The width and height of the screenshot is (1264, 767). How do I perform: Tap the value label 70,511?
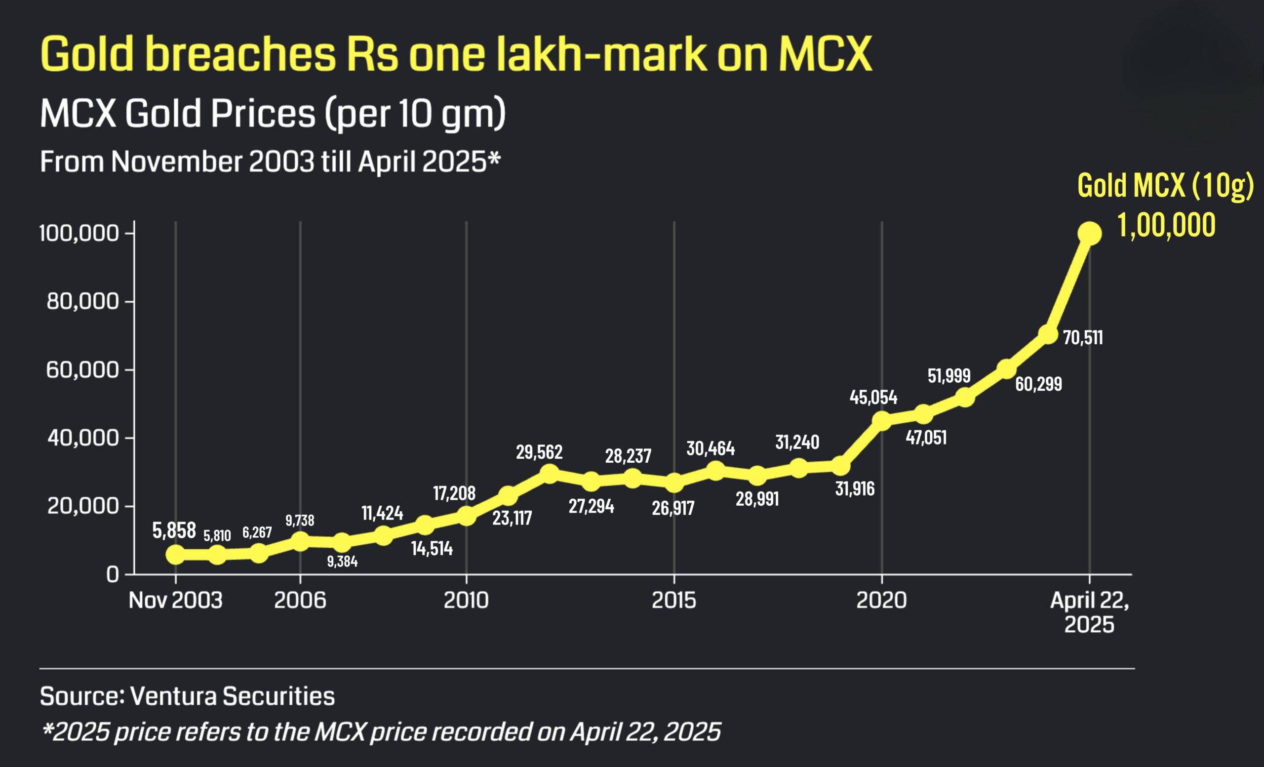1082,338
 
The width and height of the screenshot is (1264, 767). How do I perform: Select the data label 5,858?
174,530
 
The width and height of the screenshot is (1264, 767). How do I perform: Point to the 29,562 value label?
539,452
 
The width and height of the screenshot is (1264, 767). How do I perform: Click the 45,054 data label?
873,398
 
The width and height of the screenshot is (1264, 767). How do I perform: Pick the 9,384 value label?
342,561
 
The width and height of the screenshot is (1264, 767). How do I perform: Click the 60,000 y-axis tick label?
82,370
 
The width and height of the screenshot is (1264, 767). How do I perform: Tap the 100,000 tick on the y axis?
79,234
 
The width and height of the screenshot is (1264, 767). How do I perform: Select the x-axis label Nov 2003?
175,600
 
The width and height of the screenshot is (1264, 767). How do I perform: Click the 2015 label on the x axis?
673,600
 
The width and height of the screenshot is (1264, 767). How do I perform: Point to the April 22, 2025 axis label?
1089,612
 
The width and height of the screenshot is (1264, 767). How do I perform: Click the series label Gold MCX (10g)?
1165,185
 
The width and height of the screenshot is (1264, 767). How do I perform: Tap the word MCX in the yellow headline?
825,54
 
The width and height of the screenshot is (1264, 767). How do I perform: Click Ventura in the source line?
173,696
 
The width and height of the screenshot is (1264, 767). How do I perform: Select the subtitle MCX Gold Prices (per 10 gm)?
273,114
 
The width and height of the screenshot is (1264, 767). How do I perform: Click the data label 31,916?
855,489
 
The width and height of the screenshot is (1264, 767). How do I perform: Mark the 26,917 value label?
673,508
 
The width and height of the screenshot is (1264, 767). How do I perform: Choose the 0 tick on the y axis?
113,574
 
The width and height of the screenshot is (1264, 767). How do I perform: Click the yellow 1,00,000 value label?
1166,225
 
